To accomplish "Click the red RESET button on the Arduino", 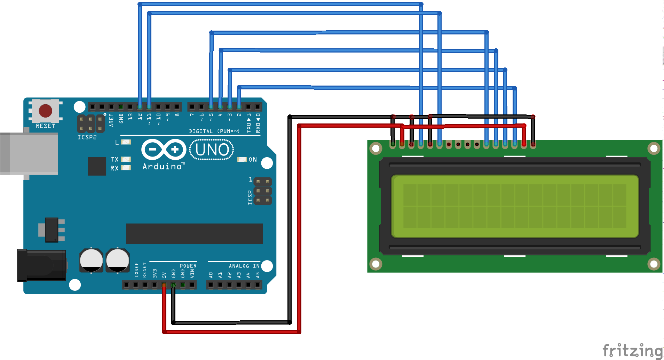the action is [46, 111].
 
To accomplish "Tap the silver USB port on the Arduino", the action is [29, 153].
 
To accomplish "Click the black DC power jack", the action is [41, 265].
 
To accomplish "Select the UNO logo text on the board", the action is [212, 150].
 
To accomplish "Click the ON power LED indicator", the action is [242, 159].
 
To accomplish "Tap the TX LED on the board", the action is [126, 159].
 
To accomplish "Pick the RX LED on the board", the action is [126, 168].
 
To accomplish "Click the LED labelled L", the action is [126, 142].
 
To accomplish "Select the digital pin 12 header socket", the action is [140, 106].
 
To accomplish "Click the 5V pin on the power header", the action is [164, 285].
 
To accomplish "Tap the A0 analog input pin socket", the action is [211, 285].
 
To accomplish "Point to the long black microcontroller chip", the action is [194, 234].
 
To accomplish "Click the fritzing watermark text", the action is [632, 351].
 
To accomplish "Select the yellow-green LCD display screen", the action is [515, 206].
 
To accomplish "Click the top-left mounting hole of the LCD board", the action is [376, 149].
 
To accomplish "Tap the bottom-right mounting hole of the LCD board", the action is [654, 264].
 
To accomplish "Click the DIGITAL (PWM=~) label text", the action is [214, 131].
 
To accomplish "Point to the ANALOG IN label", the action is [244, 266].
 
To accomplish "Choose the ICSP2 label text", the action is [87, 137].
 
